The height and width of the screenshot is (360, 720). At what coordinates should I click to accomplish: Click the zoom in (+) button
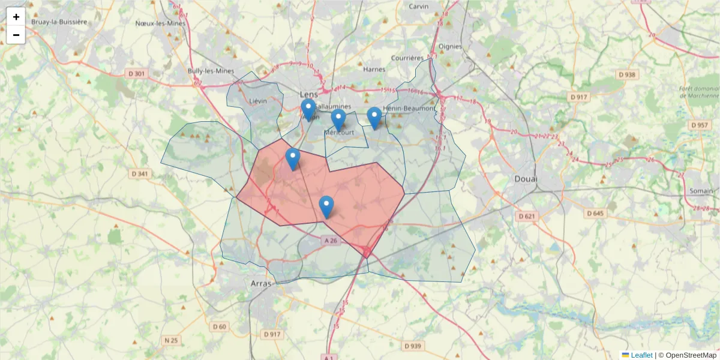[16, 17]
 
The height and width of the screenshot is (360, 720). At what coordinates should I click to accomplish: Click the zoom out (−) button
[16, 35]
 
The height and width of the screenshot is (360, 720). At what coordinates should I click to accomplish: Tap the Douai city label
[526, 179]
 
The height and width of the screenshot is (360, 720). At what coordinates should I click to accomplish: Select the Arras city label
[261, 283]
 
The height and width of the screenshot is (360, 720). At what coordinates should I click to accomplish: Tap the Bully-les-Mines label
[211, 71]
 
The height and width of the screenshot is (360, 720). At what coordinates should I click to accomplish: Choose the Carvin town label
[418, 7]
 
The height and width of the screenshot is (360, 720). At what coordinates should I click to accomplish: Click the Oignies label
[450, 46]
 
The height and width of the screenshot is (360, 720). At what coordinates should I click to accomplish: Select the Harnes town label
[374, 69]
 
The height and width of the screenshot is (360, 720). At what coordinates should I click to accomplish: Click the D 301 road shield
[137, 74]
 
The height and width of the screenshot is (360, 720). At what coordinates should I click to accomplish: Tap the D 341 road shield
[140, 174]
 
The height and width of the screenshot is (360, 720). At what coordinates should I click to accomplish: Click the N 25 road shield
[171, 340]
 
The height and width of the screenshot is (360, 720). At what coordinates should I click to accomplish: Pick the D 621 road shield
[526, 216]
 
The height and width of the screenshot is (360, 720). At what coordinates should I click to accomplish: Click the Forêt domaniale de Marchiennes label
[699, 92]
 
